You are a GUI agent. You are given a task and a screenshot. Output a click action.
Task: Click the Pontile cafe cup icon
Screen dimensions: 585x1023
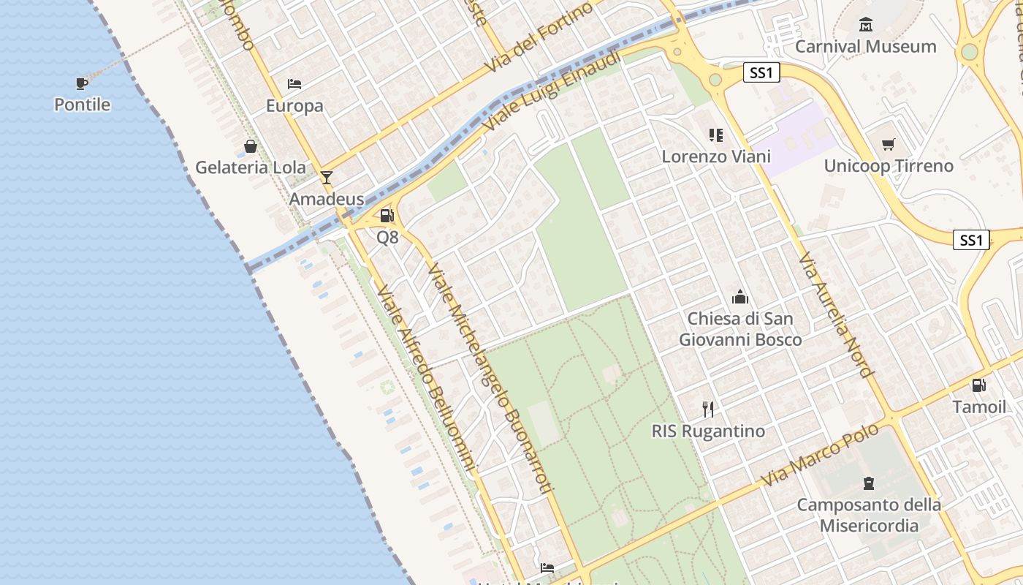(82, 83)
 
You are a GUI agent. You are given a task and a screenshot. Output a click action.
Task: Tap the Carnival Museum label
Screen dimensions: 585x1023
(865, 46)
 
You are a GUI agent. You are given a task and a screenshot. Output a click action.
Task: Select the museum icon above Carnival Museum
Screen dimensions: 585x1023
(866, 26)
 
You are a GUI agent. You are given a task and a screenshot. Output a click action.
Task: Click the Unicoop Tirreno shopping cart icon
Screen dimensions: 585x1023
(889, 144)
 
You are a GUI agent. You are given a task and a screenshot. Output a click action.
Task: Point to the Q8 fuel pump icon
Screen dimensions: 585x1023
(387, 216)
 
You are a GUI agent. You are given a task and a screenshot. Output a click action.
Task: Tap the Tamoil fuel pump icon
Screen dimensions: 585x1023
(978, 385)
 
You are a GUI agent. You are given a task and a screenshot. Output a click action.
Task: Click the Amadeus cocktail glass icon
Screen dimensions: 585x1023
(326, 178)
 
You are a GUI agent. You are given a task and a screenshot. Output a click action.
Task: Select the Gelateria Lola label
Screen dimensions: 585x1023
(251, 167)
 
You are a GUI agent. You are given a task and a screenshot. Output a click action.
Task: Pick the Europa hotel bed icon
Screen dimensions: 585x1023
(294, 84)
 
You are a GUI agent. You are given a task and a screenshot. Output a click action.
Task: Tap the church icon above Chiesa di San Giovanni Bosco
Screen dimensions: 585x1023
(740, 298)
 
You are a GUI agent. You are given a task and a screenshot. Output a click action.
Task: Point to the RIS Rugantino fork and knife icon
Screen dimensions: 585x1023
(707, 409)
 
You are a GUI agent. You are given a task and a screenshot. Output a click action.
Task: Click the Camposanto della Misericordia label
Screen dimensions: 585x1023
(869, 515)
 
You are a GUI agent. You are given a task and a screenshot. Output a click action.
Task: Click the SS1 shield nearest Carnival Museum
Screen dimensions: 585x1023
(761, 72)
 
